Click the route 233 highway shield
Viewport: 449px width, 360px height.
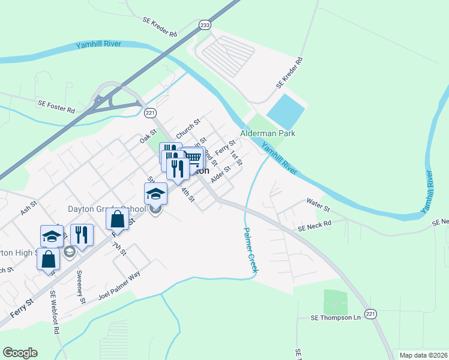[x=205, y=25]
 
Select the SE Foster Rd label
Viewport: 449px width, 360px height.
[x=55, y=110]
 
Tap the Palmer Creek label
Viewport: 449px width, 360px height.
[x=250, y=251]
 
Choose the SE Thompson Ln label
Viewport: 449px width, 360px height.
[x=334, y=317]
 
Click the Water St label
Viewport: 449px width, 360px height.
[x=318, y=208]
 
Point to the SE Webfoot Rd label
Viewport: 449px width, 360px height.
[x=55, y=312]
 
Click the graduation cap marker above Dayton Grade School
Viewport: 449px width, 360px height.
[x=155, y=193]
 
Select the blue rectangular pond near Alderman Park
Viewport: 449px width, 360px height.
[x=286, y=109]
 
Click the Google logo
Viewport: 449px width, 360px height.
[x=20, y=353]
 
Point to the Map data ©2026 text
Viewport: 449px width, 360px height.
[x=423, y=355]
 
